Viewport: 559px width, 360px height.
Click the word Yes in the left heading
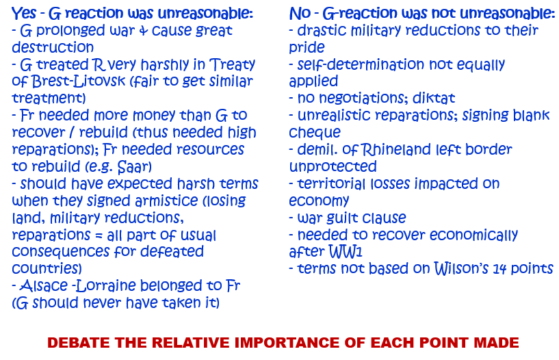click(24, 14)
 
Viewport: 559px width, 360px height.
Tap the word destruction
click(53, 47)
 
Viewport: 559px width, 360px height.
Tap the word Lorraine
click(106, 285)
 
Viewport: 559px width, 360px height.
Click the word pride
click(307, 48)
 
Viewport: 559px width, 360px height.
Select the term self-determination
click(361, 64)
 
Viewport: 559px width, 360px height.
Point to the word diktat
click(434, 98)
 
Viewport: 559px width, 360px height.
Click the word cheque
click(315, 133)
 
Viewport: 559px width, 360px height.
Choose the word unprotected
click(333, 166)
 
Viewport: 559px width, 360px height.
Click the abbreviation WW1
click(345, 251)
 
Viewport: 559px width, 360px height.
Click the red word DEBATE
click(79, 342)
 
